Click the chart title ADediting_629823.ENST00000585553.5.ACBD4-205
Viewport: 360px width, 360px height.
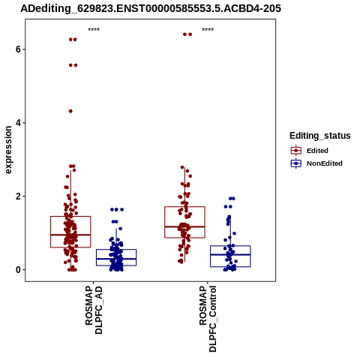151,8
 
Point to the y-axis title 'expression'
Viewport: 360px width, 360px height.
8,150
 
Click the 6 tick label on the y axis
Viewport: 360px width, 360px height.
18,49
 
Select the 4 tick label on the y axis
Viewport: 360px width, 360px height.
18,123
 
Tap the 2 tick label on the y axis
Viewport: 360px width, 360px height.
18,196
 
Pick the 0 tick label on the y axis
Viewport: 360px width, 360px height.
18,270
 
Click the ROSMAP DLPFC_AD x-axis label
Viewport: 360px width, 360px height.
94,310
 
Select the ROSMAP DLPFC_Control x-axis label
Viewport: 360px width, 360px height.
208,319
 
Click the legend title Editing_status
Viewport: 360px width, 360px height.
320,136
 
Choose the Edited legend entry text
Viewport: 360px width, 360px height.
317,151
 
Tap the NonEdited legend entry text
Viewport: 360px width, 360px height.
325,163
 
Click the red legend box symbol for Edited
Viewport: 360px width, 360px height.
296,151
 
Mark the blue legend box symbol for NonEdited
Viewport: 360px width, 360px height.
296,163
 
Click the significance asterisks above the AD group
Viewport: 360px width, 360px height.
94,30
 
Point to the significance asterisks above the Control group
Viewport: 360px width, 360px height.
208,30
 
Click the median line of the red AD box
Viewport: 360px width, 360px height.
70,235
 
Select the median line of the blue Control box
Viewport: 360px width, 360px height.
230,254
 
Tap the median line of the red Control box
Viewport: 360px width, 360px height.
184,226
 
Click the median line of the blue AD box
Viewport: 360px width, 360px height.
116,259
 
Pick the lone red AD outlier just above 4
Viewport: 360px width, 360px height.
70,111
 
